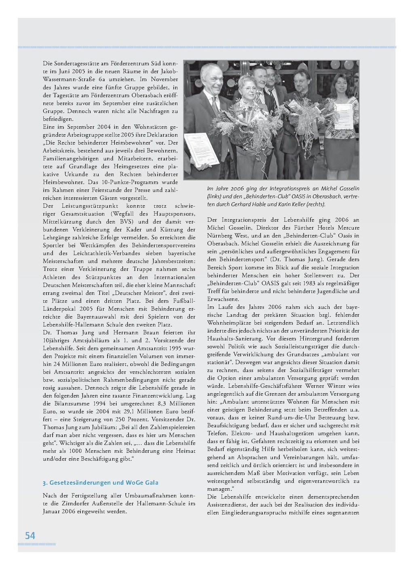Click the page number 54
pos(30,536)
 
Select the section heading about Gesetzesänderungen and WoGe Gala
pos(101,483)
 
